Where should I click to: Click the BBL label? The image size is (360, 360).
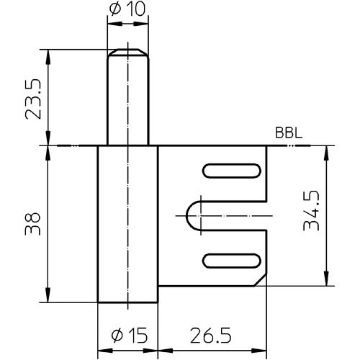288,134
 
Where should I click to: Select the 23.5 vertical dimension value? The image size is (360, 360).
30,96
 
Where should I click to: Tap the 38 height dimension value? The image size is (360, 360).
30,223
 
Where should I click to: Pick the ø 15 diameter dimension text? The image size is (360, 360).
127,334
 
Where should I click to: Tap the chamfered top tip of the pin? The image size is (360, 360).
127,51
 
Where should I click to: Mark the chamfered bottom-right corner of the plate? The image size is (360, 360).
261,278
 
